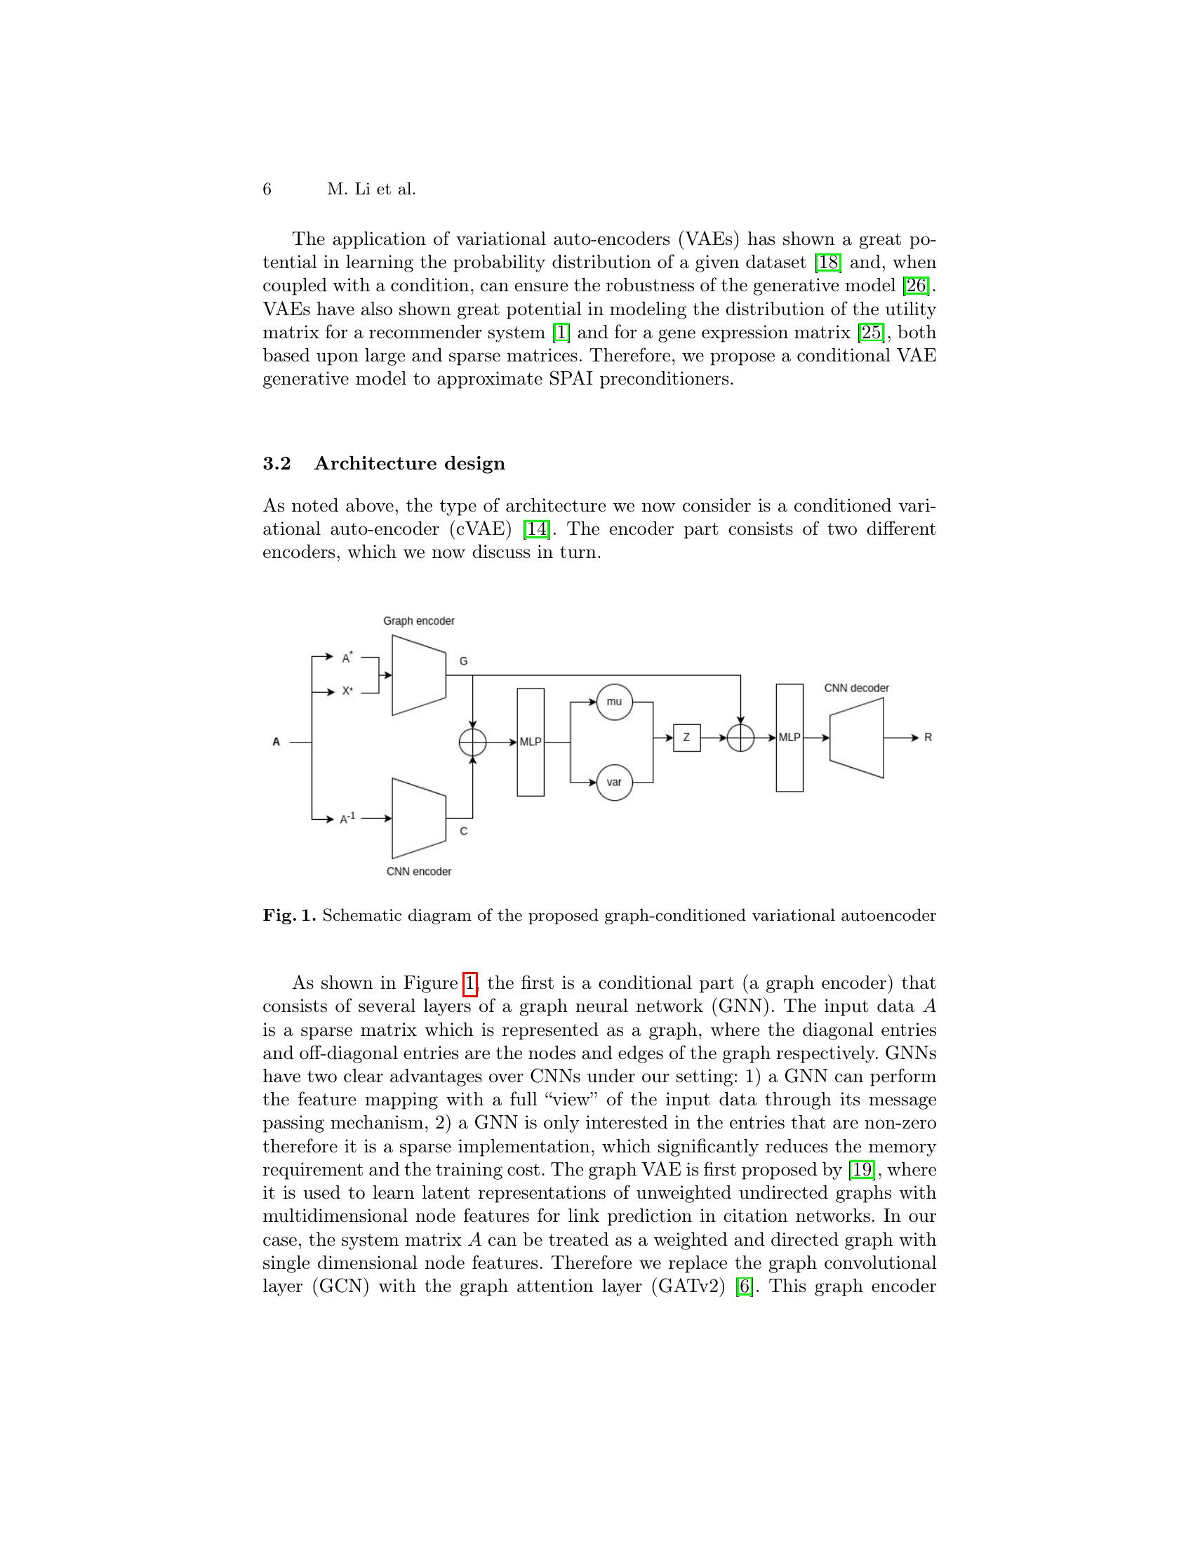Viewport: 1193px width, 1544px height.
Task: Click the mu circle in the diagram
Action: pos(614,702)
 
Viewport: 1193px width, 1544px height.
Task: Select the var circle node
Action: pos(614,782)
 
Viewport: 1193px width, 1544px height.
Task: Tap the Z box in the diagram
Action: pos(686,738)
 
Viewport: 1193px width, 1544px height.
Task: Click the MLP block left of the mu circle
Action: pos(531,743)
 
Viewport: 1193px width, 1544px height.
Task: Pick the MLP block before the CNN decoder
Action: pos(789,738)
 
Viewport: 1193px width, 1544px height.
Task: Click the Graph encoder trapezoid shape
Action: pos(419,675)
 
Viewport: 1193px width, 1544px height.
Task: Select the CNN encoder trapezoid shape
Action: pos(419,818)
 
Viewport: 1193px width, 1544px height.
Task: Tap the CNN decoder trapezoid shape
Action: pos(857,738)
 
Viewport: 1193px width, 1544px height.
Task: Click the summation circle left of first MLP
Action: pos(473,743)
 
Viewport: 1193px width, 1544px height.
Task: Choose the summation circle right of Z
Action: pos(740,738)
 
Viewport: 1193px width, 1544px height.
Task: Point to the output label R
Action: pos(928,738)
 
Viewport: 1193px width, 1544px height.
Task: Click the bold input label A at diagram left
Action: pos(276,743)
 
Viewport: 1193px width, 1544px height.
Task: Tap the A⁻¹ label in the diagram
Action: pos(347,818)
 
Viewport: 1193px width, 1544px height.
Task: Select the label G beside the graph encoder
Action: pos(464,661)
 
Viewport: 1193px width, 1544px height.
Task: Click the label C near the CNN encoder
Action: pos(464,832)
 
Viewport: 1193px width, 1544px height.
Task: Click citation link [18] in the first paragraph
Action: pos(828,263)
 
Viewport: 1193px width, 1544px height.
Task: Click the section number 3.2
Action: pos(277,464)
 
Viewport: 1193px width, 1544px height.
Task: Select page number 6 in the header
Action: pos(267,189)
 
